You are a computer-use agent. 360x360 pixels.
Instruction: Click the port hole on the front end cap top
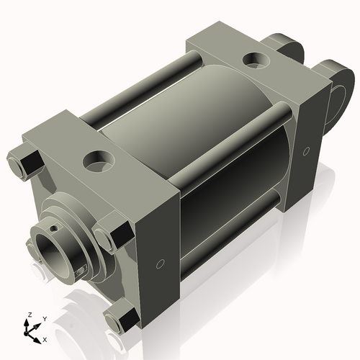coord(96,157)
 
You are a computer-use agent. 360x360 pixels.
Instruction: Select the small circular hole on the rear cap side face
coord(307,151)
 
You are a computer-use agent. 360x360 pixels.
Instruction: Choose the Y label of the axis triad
coord(44,318)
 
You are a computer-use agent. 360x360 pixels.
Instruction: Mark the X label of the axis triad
coord(45,338)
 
